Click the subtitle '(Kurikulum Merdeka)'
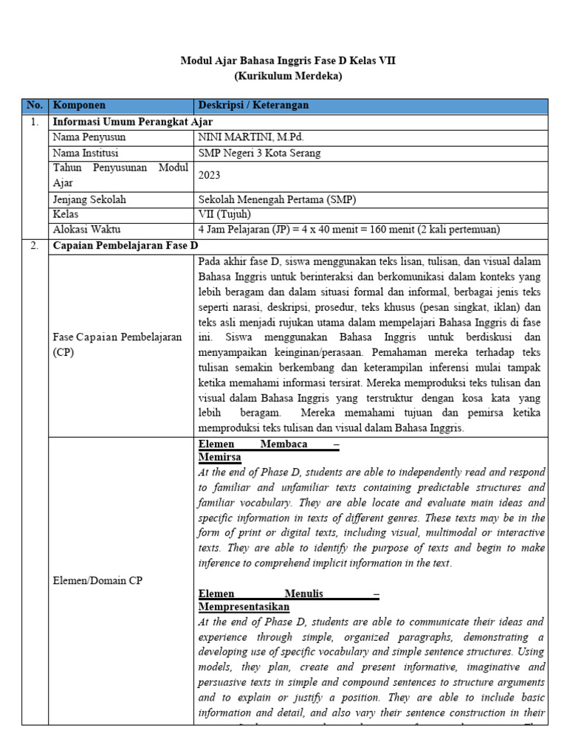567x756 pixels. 288,76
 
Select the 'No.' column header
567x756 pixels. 35,106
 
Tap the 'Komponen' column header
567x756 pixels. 80,106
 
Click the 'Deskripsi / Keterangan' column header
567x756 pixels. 254,106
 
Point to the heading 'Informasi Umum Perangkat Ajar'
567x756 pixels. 133,122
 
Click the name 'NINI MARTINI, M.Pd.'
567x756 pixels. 251,137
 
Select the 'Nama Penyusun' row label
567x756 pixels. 89,137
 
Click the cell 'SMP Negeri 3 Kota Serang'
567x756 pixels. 260,154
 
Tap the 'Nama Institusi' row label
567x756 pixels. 86,154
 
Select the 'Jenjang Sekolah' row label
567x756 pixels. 89,199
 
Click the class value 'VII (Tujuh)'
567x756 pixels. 225,214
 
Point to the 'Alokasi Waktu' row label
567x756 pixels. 86,230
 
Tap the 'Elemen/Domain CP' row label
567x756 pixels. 97,580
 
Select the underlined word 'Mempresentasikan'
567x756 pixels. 244,607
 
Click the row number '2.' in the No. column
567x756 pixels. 35,246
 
